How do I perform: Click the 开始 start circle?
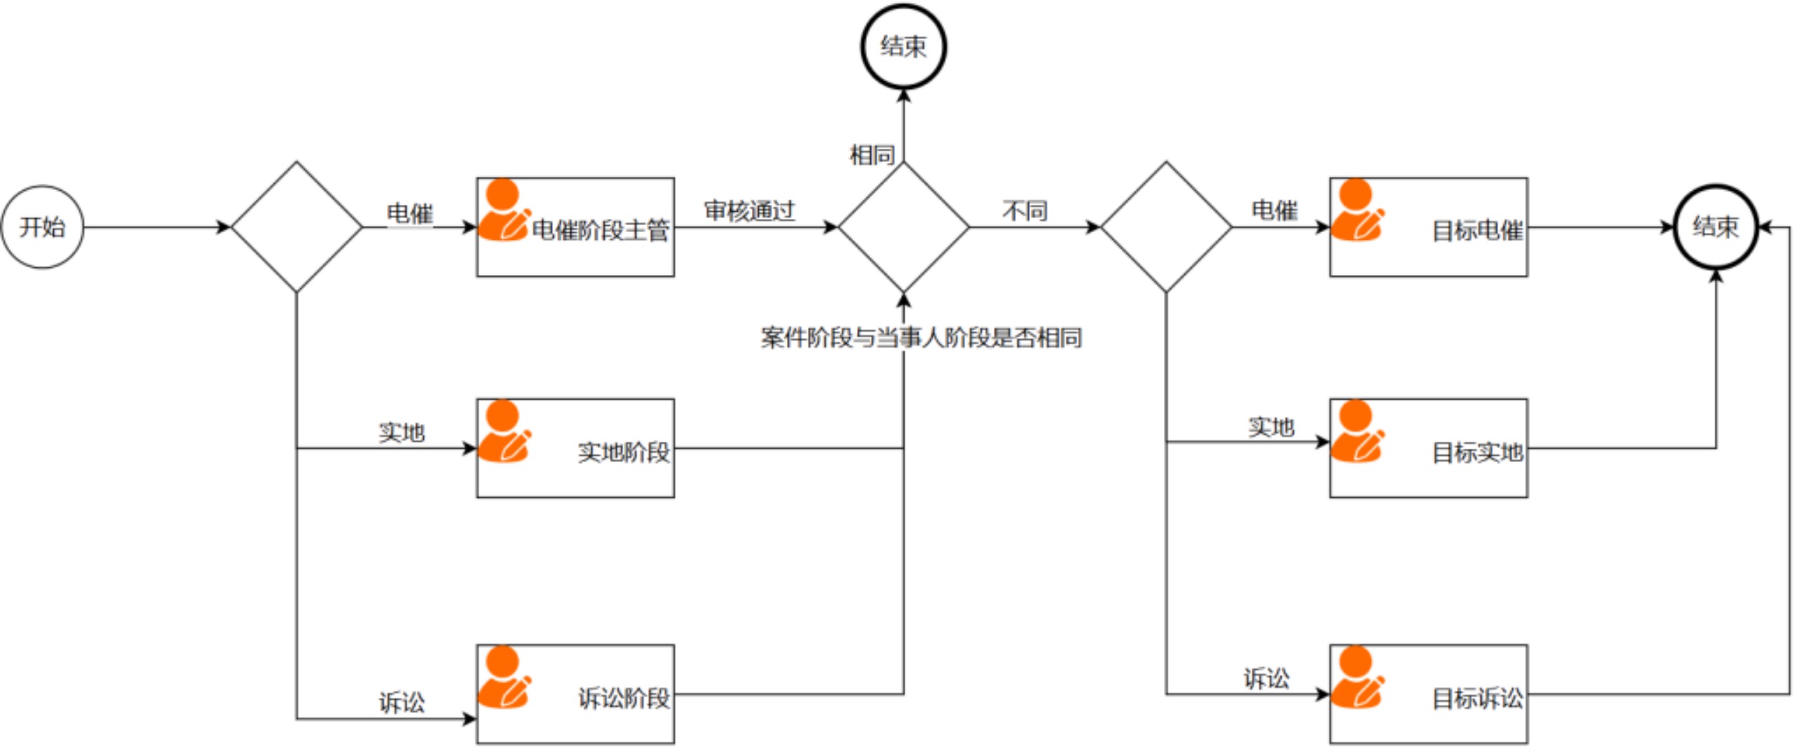(42, 226)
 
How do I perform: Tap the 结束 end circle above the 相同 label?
(903, 46)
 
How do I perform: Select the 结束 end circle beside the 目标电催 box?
(1715, 226)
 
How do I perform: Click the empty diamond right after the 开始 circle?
(296, 226)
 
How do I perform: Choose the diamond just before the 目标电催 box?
(1165, 226)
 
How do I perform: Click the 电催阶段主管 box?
(575, 226)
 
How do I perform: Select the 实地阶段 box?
(575, 448)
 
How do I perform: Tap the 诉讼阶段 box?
(575, 694)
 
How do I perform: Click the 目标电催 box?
(1427, 226)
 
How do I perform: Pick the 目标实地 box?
(1427, 448)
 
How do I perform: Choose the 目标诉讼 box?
(1427, 694)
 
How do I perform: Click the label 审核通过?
(749, 210)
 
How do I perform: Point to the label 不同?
(1024, 210)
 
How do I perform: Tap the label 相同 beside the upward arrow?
(872, 155)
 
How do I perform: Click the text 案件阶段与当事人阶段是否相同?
(921, 338)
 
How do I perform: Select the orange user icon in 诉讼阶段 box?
(503, 677)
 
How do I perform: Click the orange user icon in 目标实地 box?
(1356, 431)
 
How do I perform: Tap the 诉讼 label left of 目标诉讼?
(1266, 678)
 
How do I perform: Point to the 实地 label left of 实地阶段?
(402, 432)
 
